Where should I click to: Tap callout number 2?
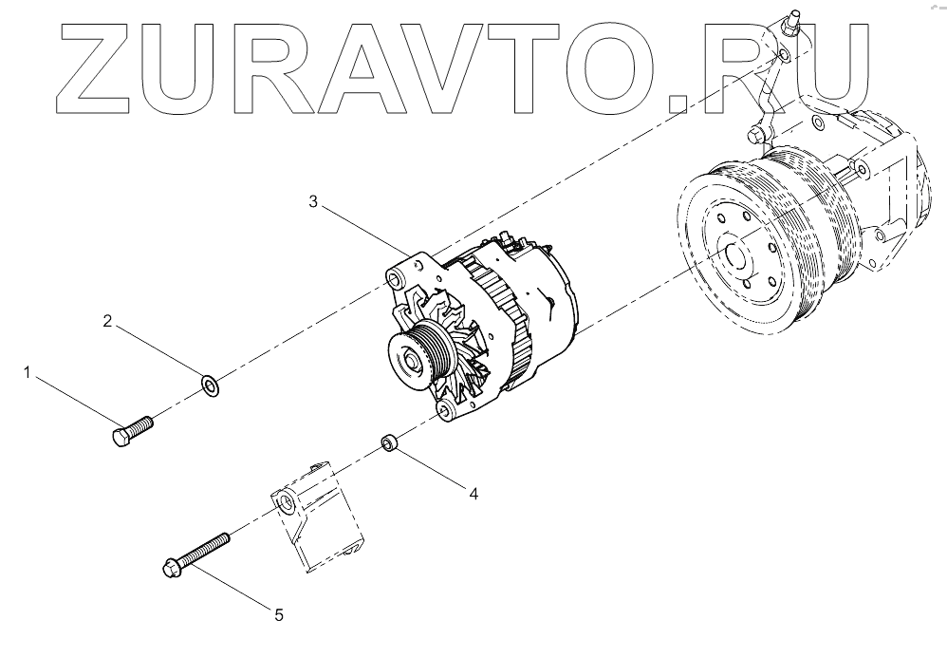(x=108, y=322)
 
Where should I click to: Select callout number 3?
(x=313, y=201)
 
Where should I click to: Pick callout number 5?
(x=279, y=615)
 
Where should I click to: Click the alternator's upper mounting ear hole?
(x=393, y=280)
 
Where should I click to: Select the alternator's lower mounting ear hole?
(x=442, y=410)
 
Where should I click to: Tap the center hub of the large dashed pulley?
(x=733, y=256)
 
